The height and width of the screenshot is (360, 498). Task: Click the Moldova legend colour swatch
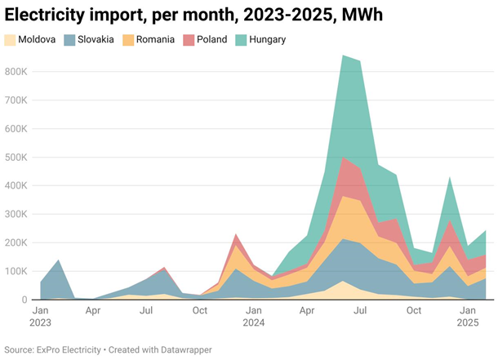(10, 39)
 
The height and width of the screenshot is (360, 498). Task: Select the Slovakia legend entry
(96, 39)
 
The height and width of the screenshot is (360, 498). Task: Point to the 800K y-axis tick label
(17, 72)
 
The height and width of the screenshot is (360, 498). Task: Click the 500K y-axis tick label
(17, 158)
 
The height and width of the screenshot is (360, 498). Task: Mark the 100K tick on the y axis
(17, 271)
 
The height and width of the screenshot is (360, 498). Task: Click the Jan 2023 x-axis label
(40, 317)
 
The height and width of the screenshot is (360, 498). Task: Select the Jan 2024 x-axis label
(254, 317)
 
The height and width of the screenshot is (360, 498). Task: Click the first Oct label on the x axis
(200, 311)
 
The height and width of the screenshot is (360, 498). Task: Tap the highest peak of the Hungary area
(344, 56)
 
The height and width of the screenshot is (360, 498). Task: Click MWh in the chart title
(362, 14)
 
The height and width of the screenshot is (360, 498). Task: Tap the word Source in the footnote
(20, 349)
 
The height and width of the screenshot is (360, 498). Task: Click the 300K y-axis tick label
(17, 214)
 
